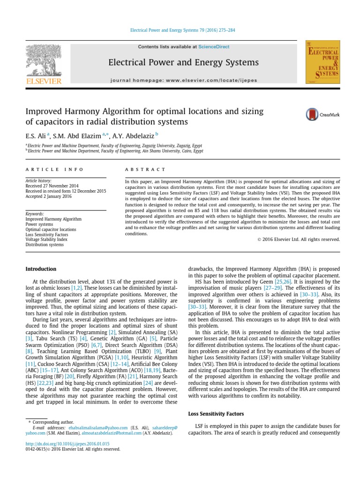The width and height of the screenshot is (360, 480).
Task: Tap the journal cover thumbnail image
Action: (322, 62)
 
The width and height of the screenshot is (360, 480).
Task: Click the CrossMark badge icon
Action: (319, 114)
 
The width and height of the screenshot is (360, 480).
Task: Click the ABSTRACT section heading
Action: (145, 169)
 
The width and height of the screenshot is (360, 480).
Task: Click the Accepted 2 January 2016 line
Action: (48, 196)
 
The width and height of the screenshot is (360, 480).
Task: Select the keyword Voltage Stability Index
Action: (46, 239)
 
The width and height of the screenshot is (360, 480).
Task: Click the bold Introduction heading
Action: (41, 269)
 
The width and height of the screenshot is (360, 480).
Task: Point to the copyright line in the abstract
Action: (298, 239)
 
